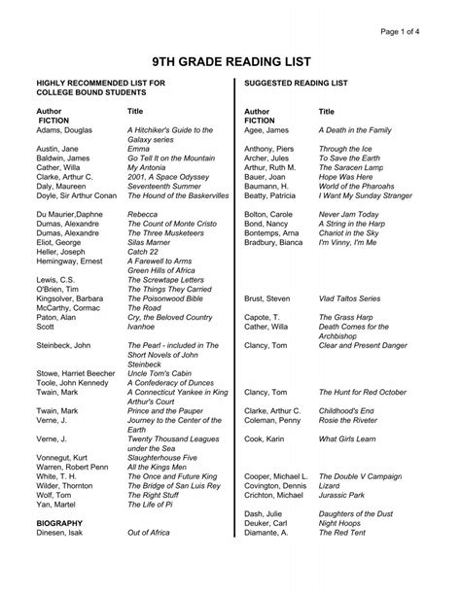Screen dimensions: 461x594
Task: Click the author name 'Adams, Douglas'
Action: click(64, 129)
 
